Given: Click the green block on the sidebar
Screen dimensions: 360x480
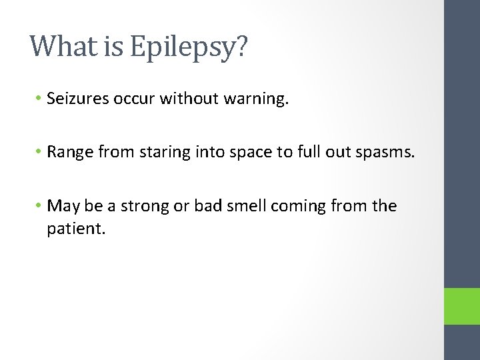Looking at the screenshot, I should [462, 306].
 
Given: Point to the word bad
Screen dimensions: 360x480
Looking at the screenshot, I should [203, 206].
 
